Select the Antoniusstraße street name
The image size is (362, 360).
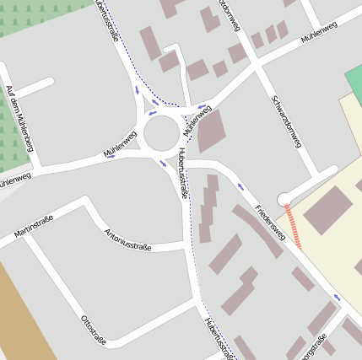[x=127, y=240]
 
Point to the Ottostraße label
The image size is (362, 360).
[x=93, y=330]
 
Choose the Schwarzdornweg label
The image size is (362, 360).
[x=287, y=117]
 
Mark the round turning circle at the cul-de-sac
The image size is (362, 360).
[x=284, y=199]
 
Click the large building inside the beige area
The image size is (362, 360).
[x=327, y=210]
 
